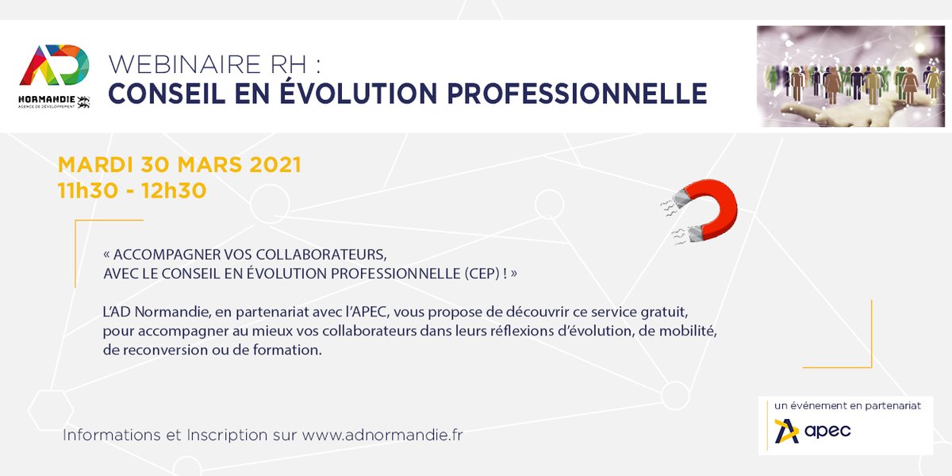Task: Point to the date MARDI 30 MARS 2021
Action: click(x=179, y=166)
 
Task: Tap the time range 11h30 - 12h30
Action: click(x=132, y=190)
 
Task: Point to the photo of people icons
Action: click(x=850, y=76)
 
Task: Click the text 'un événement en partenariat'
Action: click(x=847, y=405)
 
